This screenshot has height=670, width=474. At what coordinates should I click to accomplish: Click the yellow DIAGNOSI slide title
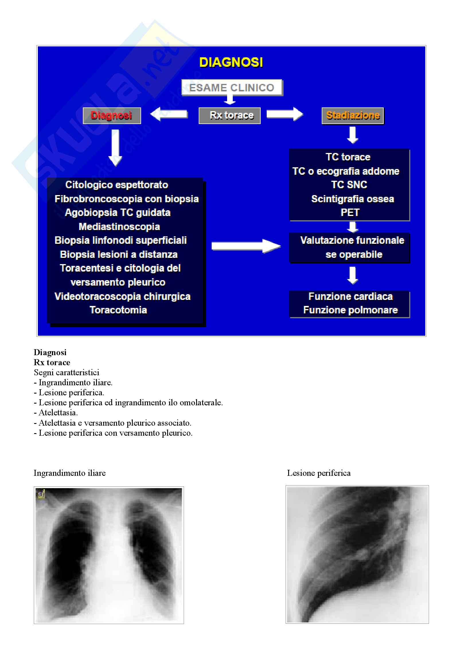tap(231, 62)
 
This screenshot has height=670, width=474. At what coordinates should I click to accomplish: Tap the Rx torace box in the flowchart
tap(230, 115)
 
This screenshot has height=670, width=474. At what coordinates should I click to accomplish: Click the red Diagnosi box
tap(112, 115)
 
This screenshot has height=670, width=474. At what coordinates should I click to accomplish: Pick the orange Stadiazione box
tap(352, 115)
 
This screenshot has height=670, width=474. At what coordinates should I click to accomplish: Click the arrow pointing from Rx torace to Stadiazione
tap(284, 114)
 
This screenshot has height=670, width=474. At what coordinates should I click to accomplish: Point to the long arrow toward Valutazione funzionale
tap(246, 246)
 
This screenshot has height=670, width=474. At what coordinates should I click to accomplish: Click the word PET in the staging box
tap(350, 213)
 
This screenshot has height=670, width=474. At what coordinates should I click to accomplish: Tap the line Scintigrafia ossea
tap(352, 199)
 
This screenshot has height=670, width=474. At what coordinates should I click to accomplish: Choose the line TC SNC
tap(349, 185)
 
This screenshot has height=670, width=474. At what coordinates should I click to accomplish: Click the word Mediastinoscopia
tap(119, 227)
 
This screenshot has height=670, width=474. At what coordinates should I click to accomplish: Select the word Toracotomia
tap(118, 310)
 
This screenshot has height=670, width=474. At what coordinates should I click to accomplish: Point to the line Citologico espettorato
tap(116, 185)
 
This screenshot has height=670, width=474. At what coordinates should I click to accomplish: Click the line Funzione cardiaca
tap(350, 296)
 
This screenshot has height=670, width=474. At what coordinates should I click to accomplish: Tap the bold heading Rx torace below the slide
tap(52, 362)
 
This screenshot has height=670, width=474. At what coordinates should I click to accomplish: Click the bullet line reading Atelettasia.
tap(58, 412)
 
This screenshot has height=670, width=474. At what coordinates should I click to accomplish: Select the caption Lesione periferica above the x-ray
tap(319, 473)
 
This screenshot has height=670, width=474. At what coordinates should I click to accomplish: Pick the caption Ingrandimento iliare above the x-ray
tap(69, 473)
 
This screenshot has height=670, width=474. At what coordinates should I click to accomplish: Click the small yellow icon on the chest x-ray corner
tap(41, 494)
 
